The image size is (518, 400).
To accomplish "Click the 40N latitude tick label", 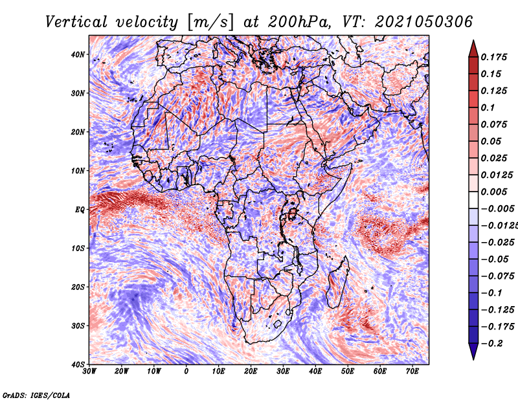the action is [78, 54].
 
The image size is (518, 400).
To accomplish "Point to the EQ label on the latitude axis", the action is [80, 210].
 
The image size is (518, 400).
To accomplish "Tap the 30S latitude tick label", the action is [78, 326].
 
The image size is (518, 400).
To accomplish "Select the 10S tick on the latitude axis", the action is [78, 248].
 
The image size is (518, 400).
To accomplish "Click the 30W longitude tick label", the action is [89, 372].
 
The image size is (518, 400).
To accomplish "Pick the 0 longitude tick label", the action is [186, 372].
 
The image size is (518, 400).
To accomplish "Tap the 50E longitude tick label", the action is [348, 372].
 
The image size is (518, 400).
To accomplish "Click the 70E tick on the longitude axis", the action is [412, 372].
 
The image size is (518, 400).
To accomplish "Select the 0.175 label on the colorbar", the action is [494, 57].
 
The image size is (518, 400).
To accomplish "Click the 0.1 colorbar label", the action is [488, 107].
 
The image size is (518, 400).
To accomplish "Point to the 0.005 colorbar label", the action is [494, 192].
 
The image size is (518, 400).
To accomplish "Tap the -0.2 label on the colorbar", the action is [491, 344].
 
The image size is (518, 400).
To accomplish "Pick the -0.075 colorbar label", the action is [497, 276].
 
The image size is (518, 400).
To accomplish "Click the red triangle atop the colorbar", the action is [473, 49].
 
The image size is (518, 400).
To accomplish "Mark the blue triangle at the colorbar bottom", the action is [473, 351].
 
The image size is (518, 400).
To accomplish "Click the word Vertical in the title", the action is [76, 22].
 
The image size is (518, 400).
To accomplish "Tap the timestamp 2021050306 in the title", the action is [424, 22].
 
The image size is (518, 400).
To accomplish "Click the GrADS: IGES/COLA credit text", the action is [36, 395].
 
